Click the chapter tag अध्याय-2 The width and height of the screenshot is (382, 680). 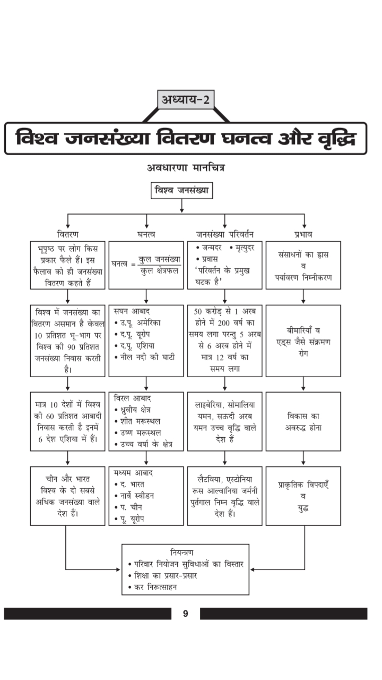186,99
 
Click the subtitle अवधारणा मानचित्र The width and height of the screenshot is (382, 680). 186,168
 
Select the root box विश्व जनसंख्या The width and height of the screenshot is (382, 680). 181,190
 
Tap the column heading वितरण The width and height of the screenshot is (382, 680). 67,234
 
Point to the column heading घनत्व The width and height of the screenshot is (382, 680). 146,234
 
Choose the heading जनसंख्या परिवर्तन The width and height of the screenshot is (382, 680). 224,234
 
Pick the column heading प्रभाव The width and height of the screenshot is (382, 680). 303,234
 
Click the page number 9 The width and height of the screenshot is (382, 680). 185,614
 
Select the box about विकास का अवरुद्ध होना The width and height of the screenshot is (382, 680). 303,422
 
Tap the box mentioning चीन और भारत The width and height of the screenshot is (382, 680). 67,496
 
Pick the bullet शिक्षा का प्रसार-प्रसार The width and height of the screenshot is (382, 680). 162,575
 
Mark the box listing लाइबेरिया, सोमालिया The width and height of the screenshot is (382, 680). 224,422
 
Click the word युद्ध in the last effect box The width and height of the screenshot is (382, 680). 303,508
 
